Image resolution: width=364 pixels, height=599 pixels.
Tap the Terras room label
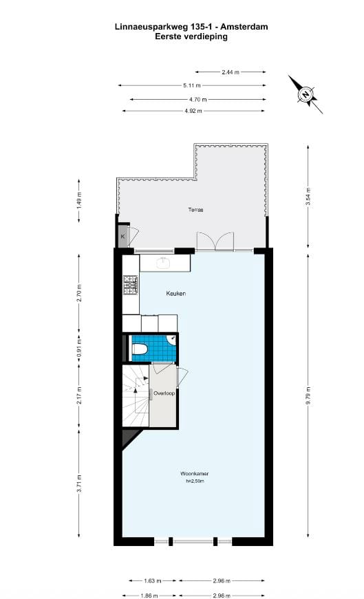(195, 209)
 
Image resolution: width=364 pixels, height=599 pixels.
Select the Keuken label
(176, 294)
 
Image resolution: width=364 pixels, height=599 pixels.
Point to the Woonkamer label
(194, 474)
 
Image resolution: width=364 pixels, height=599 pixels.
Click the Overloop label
(163, 394)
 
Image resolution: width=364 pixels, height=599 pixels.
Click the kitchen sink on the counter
(164, 262)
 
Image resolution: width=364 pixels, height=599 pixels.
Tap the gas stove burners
(131, 283)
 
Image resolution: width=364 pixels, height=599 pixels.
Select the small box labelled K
(122, 237)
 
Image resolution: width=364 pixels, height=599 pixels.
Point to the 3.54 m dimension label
(309, 197)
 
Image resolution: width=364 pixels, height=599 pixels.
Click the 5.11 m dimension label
(192, 85)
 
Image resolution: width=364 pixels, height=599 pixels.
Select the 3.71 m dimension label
(80, 484)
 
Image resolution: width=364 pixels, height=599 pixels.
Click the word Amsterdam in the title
(241, 27)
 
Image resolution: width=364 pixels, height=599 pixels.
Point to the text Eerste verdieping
(191, 36)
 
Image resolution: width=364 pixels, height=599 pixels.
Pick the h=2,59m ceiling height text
(195, 481)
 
